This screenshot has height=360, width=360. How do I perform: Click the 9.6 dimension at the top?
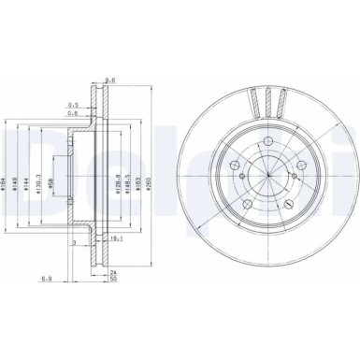(110, 79)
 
